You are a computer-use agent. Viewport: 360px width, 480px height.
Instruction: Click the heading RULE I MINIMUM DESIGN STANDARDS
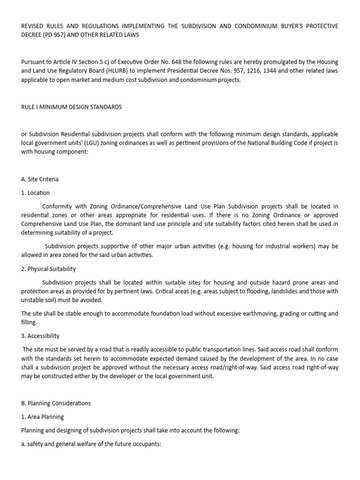(x=71, y=107)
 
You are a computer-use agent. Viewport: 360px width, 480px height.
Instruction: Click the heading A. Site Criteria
(x=40, y=179)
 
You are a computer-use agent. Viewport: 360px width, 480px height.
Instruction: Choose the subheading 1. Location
(x=35, y=193)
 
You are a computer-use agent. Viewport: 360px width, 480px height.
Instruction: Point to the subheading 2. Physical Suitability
(x=48, y=269)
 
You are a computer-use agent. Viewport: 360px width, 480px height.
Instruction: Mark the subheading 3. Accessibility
(x=40, y=336)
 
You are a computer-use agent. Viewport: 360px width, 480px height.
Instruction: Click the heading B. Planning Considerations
(x=56, y=403)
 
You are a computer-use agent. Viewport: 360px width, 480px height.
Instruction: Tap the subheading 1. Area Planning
(x=42, y=417)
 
